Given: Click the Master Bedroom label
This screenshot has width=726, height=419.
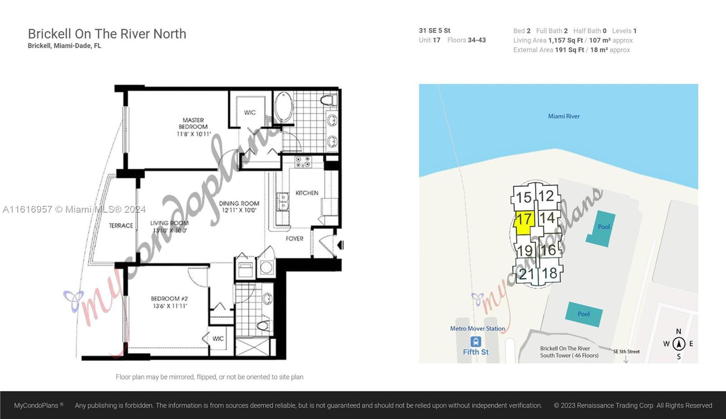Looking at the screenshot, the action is (193, 123).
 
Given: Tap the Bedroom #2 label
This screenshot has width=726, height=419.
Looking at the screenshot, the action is (169, 299).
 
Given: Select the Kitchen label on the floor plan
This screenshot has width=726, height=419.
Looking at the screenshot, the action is (307, 193).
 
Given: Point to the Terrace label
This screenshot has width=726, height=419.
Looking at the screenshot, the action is (121, 225).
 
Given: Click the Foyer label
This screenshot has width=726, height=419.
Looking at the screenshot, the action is (294, 239).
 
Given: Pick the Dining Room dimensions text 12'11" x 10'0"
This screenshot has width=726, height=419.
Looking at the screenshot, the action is (239, 210).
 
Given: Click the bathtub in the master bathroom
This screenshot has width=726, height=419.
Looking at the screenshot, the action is (284, 107).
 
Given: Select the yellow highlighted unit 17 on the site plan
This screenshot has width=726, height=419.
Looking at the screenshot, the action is (523, 223).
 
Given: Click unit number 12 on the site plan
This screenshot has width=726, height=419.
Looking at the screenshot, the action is (546, 196).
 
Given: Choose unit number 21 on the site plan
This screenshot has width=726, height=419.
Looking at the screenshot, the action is (526, 274).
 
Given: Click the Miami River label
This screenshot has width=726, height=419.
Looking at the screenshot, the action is (564, 116).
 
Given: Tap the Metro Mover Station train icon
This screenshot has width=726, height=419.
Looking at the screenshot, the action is (476, 342).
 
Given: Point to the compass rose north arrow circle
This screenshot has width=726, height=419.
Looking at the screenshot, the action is (679, 344).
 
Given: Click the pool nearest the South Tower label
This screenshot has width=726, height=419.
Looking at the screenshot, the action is (584, 314).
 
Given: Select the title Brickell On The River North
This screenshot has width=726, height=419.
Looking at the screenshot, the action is (107, 34).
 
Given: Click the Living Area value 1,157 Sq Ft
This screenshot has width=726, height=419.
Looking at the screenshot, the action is (565, 40).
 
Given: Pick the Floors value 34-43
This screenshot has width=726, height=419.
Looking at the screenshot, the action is (476, 40).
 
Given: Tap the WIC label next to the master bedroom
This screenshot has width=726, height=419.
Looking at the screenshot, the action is (250, 112).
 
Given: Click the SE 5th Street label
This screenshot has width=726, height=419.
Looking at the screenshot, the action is (626, 351).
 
